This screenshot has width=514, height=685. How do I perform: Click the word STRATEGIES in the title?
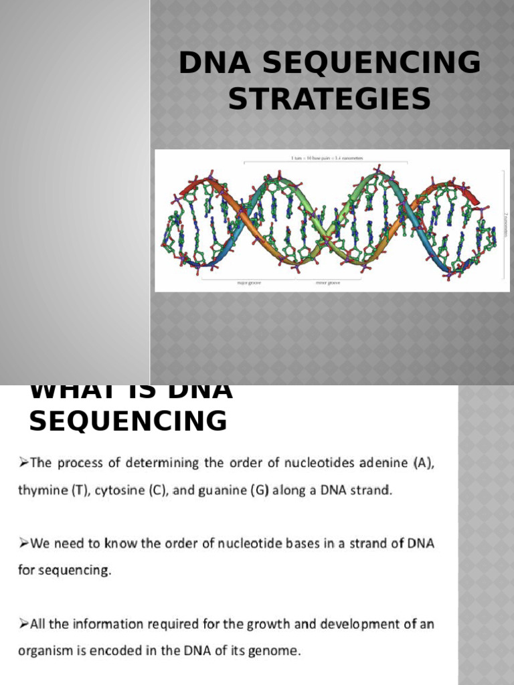coord(329,100)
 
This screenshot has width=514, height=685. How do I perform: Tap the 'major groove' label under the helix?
coord(248,283)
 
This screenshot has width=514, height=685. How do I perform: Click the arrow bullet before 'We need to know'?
coord(23,544)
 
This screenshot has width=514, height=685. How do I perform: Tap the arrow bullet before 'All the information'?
coord(23,624)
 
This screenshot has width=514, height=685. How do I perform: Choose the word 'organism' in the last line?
coord(45,651)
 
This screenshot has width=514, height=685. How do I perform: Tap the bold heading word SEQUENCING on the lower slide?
coord(128,421)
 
